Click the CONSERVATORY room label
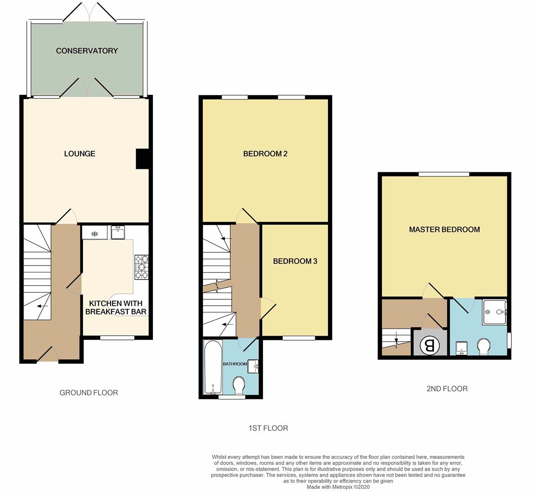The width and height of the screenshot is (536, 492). pyautogui.click(x=87, y=51)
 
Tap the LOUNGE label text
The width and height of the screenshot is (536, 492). pyautogui.click(x=80, y=154)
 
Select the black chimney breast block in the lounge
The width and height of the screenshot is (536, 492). pyautogui.click(x=142, y=159)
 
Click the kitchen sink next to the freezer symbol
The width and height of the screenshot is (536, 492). pyautogui.click(x=118, y=233)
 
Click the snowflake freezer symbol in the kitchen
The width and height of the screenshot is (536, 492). pyautogui.click(x=95, y=234)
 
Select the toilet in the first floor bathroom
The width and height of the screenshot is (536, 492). pyautogui.click(x=238, y=386)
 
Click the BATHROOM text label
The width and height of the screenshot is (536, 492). pyautogui.click(x=235, y=364)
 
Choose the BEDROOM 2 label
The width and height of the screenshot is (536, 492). pyautogui.click(x=265, y=154)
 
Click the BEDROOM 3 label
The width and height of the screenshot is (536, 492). pyautogui.click(x=295, y=261)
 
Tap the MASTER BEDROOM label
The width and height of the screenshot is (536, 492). pyautogui.click(x=444, y=229)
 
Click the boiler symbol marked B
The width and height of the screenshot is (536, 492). pyautogui.click(x=430, y=345)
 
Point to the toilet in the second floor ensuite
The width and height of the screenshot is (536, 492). pyautogui.click(x=484, y=347)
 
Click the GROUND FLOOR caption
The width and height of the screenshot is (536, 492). pyautogui.click(x=89, y=392)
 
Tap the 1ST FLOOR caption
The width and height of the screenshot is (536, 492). pyautogui.click(x=268, y=428)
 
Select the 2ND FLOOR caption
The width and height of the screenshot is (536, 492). pyautogui.click(x=447, y=388)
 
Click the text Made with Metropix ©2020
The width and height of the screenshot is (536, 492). pyautogui.click(x=338, y=487)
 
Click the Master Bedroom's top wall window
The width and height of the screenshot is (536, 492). pyautogui.click(x=444, y=174)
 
